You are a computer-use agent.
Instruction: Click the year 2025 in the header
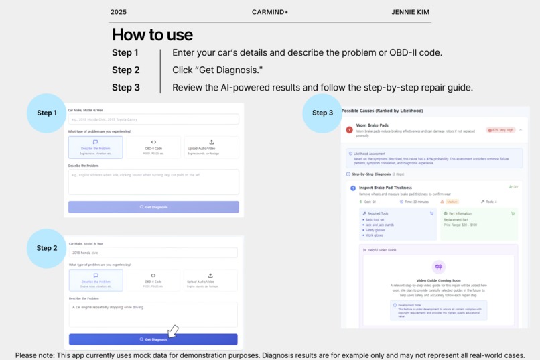pos(119,12)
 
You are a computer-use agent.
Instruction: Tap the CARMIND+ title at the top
pos(270,12)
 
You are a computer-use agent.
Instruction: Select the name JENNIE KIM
pos(411,12)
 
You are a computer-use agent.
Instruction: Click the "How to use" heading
pos(152,35)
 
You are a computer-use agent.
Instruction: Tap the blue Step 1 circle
pos(46,113)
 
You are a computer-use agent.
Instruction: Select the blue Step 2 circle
pos(46,248)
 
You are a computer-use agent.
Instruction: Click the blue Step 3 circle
pos(322,113)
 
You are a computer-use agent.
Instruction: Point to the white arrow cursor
pos(172,331)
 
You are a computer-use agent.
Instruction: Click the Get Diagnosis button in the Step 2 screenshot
pos(153,339)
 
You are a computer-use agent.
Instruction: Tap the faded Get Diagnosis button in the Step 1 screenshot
pos(153,207)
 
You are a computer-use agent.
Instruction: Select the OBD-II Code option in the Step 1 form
pos(153,147)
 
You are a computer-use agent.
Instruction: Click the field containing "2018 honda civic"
pos(153,253)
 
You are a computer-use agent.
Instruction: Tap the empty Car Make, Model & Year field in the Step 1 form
pos(153,119)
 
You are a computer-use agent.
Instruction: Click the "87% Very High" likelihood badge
pos(501,130)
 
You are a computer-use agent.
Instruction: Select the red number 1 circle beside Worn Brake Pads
pos(349,129)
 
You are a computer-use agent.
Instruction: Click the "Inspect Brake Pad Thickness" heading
pos(385,188)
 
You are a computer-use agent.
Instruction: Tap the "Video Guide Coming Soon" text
pos(438,280)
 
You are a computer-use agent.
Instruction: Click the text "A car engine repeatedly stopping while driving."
pos(109,308)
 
